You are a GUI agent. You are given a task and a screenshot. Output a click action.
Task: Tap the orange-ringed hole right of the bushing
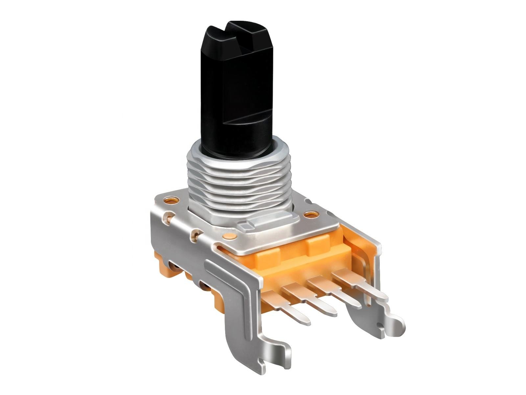coord(309,215)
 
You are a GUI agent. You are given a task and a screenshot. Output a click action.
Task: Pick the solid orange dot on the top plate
coord(228,236)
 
